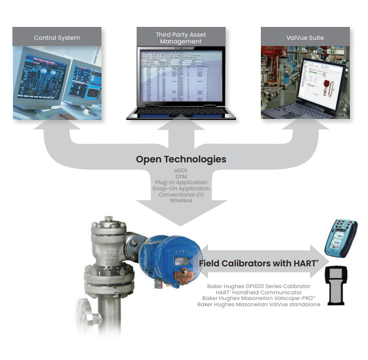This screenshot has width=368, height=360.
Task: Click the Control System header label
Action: coord(57,38)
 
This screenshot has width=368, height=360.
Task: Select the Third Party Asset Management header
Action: coord(181,38)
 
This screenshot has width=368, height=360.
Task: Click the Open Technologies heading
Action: coord(181,159)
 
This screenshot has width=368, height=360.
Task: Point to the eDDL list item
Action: coord(181,170)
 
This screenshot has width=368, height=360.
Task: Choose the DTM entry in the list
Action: coord(181,176)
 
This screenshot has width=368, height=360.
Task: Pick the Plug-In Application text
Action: coord(181,183)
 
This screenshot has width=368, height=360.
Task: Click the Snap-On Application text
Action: coord(181,189)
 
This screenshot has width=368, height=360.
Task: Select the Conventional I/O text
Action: coord(181,194)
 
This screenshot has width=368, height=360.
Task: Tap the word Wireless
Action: coord(181,201)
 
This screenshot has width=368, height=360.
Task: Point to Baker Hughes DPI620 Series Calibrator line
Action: coord(258,286)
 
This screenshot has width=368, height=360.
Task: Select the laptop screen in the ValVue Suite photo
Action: coord(318,80)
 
